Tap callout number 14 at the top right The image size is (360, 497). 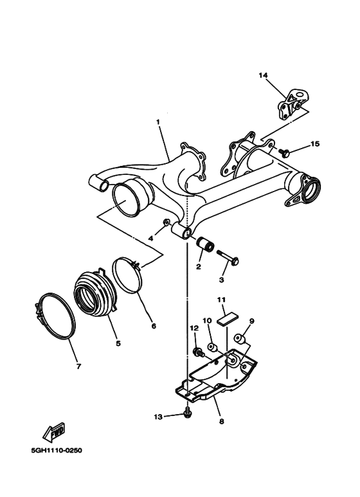(x=263, y=75)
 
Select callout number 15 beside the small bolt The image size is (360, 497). (x=314, y=144)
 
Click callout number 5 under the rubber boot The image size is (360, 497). (x=118, y=343)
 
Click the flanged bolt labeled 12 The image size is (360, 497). (x=198, y=352)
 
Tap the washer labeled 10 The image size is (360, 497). (x=215, y=348)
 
